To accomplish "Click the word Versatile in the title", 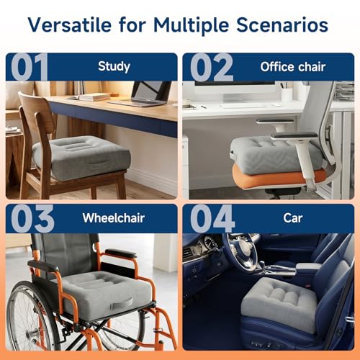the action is pyautogui.click(x=70, y=25).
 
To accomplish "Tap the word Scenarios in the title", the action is pyautogui.click(x=282, y=25).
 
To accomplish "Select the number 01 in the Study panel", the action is pyautogui.click(x=30, y=67).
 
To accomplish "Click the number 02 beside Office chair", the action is pyautogui.click(x=212, y=67).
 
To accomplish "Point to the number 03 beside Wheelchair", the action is pyautogui.click(x=32, y=218).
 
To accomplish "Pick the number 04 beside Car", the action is pyautogui.click(x=212, y=218).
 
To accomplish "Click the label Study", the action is pyautogui.click(x=114, y=66).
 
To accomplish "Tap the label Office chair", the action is pyautogui.click(x=293, y=67).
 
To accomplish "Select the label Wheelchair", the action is pyautogui.click(x=114, y=218).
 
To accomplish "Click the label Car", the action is pyautogui.click(x=292, y=218).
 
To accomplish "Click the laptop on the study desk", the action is pyautogui.click(x=143, y=94).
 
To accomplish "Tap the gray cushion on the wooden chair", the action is pyautogui.click(x=81, y=157).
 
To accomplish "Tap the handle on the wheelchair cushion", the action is pyautogui.click(x=122, y=303).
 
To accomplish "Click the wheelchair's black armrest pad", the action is pyautogui.click(x=121, y=253).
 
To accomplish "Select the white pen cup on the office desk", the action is pyautogui.click(x=287, y=94).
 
